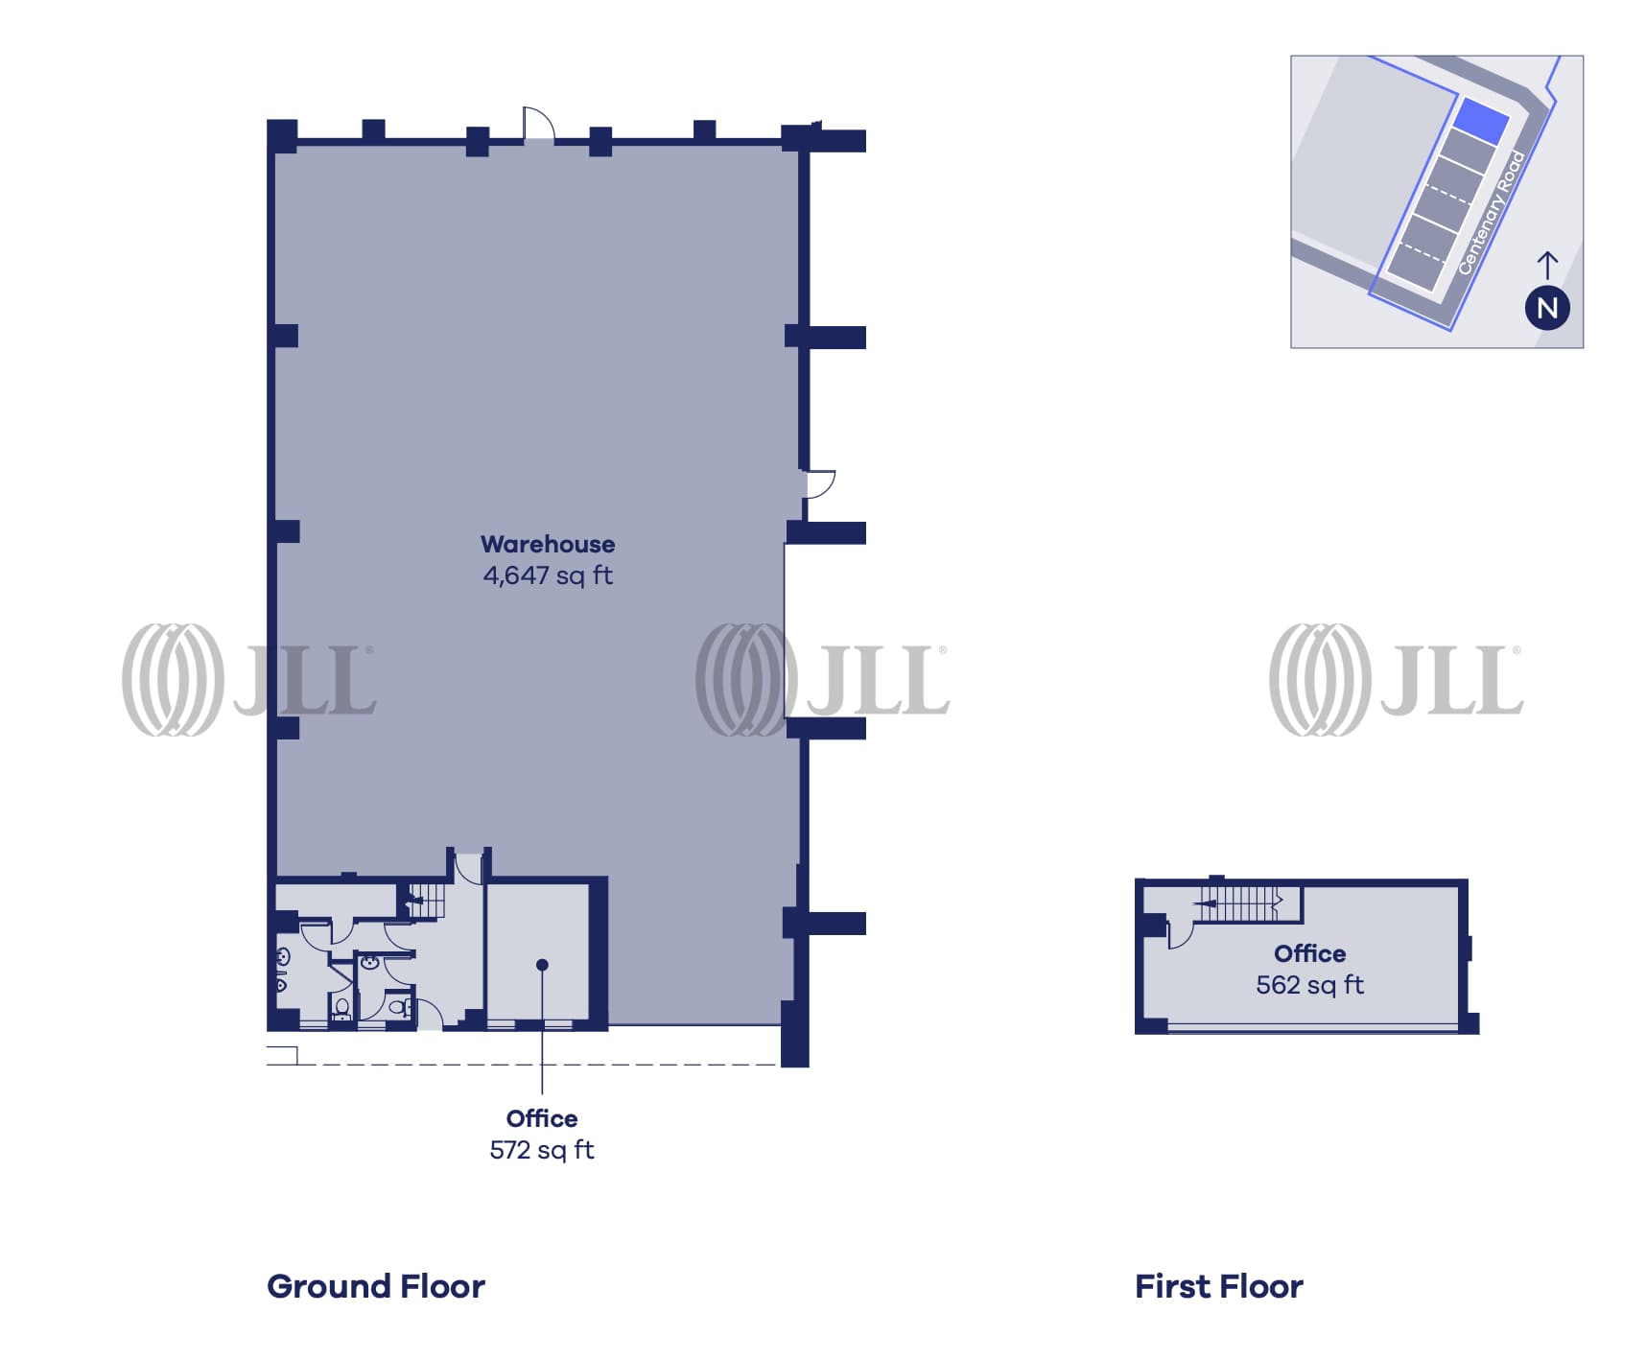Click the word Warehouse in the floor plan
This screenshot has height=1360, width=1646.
tap(548, 544)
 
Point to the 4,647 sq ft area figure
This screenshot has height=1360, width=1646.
tap(548, 575)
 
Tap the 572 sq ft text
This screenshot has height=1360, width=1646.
tap(542, 1150)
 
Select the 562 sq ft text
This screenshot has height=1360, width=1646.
tap(1309, 985)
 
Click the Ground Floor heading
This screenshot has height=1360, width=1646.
tap(376, 1286)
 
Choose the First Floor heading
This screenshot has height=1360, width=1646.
tap(1218, 1286)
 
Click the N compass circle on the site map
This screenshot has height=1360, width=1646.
tap(1547, 308)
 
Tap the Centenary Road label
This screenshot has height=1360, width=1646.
tap(1491, 213)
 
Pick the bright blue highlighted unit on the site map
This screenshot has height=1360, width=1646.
tap(1482, 122)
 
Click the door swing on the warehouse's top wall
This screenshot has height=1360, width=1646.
tap(539, 123)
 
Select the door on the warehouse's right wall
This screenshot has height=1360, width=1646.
tap(819, 484)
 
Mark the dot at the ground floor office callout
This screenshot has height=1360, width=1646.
tap(542, 965)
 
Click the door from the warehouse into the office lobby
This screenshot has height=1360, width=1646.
tap(468, 868)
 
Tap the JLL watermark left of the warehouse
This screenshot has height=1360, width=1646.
tap(247, 679)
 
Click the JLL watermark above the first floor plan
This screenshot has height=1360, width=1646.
tap(1396, 679)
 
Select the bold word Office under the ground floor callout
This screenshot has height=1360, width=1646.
tap(542, 1118)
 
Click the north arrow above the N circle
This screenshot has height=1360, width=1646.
tap(1547, 265)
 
